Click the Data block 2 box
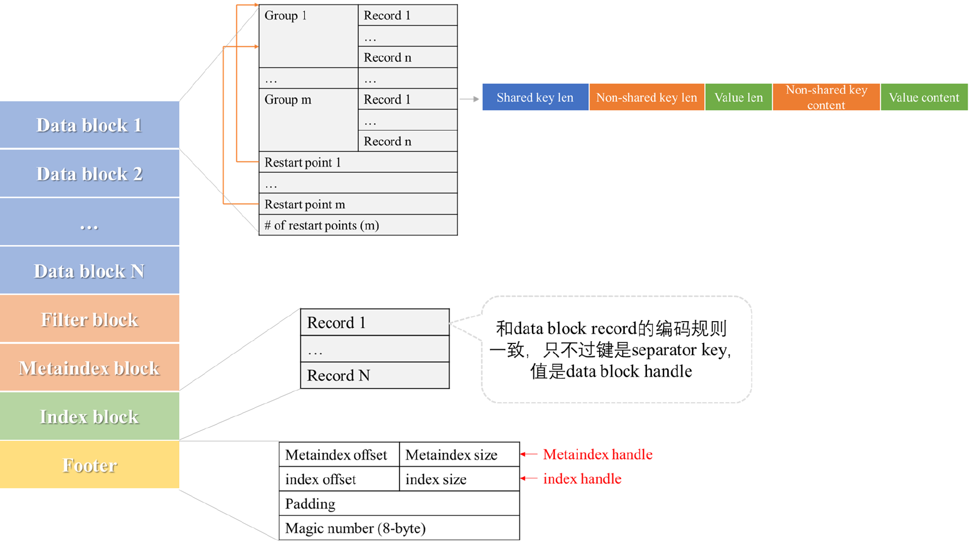click(x=89, y=173)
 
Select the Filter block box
click(x=89, y=319)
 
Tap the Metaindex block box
click(x=89, y=368)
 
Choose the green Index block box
click(x=89, y=416)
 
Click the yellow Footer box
click(x=89, y=465)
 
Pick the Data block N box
click(x=89, y=271)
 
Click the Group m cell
click(x=308, y=120)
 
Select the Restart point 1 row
click(x=358, y=162)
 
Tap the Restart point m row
click(x=358, y=204)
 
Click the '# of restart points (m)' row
click(x=358, y=225)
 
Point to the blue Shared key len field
click(x=535, y=97)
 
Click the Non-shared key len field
click(x=647, y=97)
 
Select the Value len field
click(x=738, y=97)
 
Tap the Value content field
click(x=924, y=97)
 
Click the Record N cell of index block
click(x=374, y=375)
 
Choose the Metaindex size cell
click(x=459, y=455)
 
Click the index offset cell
click(x=339, y=479)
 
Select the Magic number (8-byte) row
click(x=399, y=528)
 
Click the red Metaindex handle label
click(x=597, y=454)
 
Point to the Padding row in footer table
click(x=399, y=504)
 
